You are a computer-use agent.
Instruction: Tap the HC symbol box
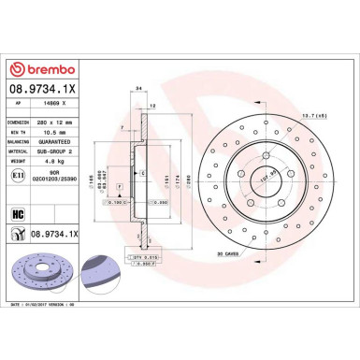pyautogui.click(x=17, y=214)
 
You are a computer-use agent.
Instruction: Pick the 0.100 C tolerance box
pyautogui.click(x=116, y=202)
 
